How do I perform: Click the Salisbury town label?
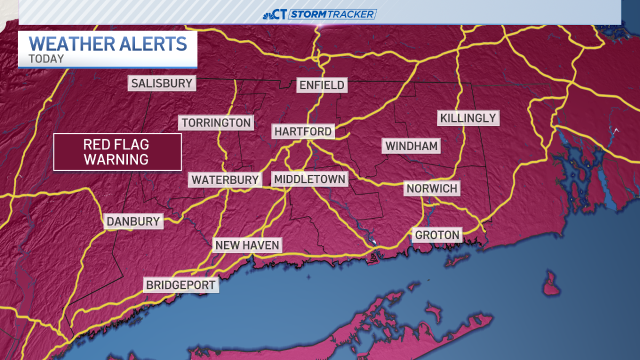[162, 83]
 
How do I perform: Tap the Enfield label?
[322, 85]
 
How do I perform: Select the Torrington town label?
[216, 123]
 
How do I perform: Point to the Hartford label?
[303, 131]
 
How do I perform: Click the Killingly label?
[468, 118]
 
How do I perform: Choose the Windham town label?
[412, 146]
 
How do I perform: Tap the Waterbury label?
[225, 180]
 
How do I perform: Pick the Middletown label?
[309, 179]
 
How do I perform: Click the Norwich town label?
[432, 188]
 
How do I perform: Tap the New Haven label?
[247, 245]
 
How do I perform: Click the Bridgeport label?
[181, 285]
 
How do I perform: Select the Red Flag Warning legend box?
[116, 152]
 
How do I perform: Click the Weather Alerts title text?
[108, 43]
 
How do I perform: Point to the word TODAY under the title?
[46, 59]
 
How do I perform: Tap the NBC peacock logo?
[269, 14]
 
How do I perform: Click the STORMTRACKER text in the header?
[332, 14]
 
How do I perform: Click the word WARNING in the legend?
[116, 159]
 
